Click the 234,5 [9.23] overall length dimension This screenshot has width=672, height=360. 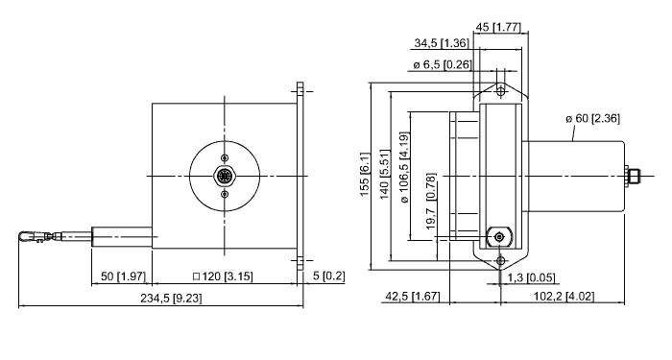click(x=171, y=298)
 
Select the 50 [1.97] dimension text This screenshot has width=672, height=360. click(x=124, y=276)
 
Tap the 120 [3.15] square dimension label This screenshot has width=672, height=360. click(x=223, y=276)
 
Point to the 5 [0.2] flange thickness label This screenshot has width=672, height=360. click(x=328, y=276)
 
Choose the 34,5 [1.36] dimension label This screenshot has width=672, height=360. click(x=442, y=43)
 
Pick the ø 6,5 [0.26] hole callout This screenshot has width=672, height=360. click(x=443, y=64)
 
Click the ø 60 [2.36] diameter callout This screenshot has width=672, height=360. click(x=592, y=118)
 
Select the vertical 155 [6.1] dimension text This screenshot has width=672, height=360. click(x=364, y=174)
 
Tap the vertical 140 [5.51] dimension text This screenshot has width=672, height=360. click(x=384, y=175)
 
